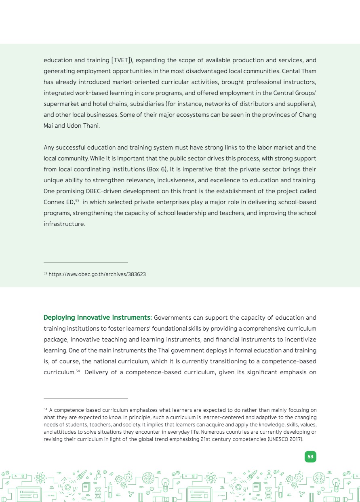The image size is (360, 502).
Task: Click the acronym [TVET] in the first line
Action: pyautogui.click(x=121, y=61)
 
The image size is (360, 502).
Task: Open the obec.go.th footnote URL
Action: pyautogui.click(x=97, y=274)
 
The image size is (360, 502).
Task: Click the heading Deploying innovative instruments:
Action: pyautogui.click(x=97, y=318)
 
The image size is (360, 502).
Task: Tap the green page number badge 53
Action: pyautogui.click(x=310, y=457)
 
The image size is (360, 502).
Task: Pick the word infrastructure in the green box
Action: pyautogui.click(x=64, y=224)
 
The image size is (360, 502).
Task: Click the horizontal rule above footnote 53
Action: pyautogui.click(x=86, y=263)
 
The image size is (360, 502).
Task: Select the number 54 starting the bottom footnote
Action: pyautogui.click(x=45, y=409)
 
